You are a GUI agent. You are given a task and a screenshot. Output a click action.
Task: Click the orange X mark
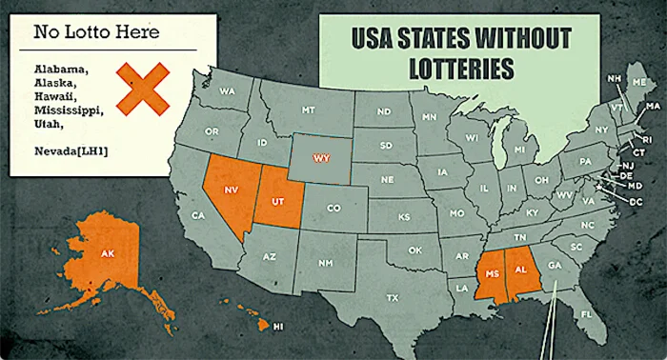point(143,89)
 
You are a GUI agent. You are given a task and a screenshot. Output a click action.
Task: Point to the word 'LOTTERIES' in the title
point(458,69)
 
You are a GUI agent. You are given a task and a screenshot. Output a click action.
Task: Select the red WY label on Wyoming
point(323,157)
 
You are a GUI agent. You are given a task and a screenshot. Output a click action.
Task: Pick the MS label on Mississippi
point(494,272)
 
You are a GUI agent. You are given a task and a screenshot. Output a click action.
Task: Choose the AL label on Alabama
point(522,270)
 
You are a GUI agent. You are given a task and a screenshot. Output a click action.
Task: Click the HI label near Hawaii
point(278,327)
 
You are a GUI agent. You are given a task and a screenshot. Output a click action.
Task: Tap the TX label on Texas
point(393,297)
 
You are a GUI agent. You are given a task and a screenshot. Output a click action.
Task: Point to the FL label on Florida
point(587,313)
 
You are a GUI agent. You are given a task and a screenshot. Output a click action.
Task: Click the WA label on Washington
point(228,91)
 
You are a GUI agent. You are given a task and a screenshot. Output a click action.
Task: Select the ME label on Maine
point(638,83)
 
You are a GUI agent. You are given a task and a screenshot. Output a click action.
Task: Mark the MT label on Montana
point(308,110)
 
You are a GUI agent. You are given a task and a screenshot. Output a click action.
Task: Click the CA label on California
point(198,215)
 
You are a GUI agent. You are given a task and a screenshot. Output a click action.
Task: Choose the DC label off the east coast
point(636,202)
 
